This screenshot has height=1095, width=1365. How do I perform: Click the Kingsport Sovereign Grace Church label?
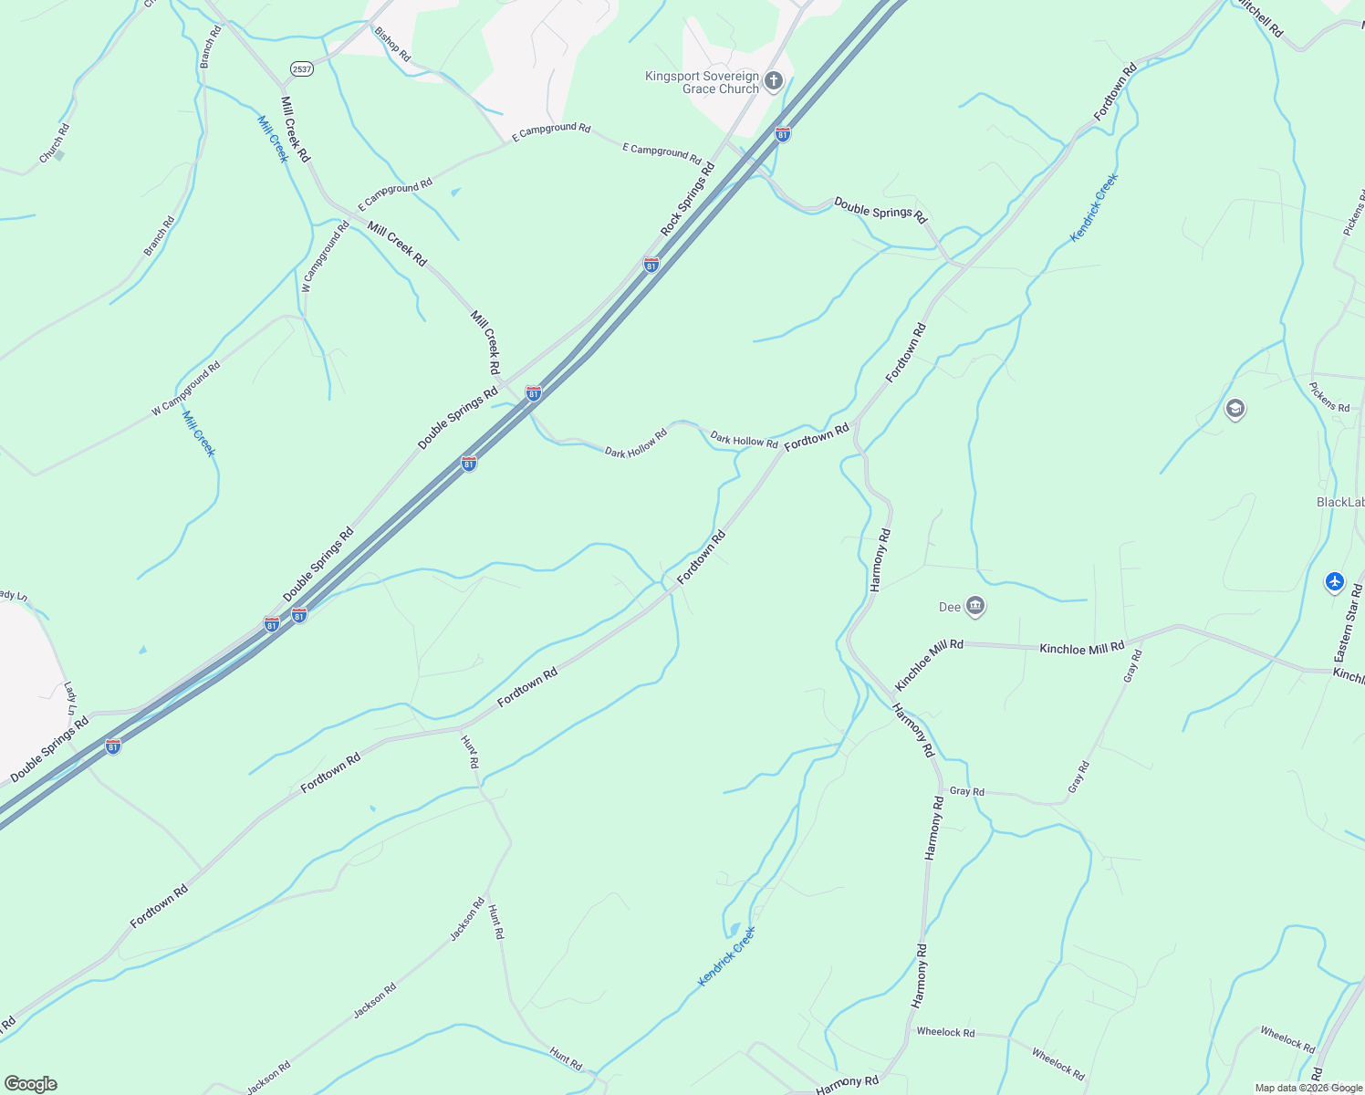click(702, 82)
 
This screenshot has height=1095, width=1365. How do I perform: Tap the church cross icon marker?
click(774, 81)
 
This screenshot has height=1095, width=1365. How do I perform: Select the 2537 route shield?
click(302, 69)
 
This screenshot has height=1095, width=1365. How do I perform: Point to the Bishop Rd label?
click(392, 44)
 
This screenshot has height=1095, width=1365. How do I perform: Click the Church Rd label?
click(54, 144)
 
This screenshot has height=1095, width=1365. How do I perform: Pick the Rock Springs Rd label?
click(688, 199)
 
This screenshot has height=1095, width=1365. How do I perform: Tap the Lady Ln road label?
click(70, 698)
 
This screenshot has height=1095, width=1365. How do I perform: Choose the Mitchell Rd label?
click(1259, 18)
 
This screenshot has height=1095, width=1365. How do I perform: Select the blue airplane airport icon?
click(1335, 580)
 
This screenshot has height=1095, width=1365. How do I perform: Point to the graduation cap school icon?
click(1235, 408)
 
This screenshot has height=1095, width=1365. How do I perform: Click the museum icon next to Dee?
click(975, 606)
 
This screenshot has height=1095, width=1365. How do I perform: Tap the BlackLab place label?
click(1339, 502)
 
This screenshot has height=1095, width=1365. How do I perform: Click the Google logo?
click(30, 1084)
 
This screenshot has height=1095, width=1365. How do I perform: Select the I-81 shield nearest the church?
click(782, 134)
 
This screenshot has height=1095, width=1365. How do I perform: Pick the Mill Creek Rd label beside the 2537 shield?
click(295, 130)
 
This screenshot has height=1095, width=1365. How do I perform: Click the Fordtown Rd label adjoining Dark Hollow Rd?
click(817, 436)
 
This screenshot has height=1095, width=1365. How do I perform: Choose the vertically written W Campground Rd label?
click(326, 256)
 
